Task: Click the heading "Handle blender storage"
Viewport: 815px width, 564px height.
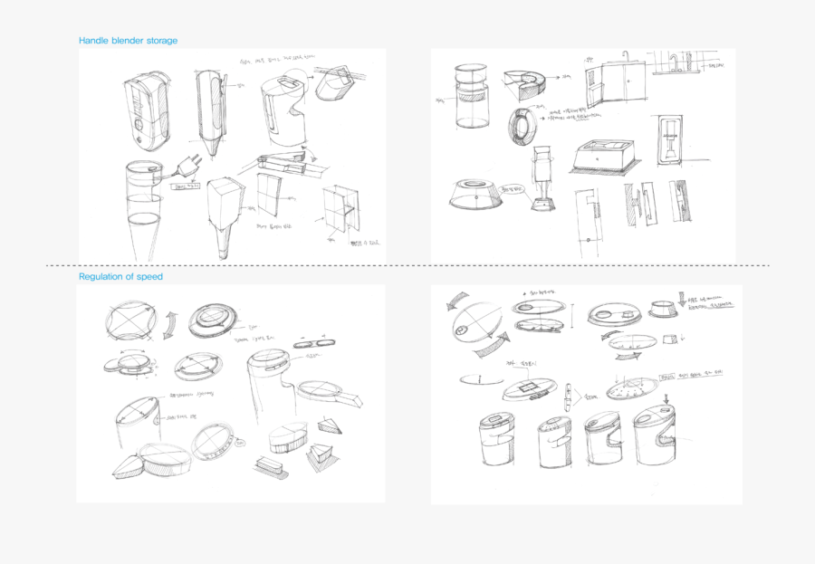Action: coord(128,41)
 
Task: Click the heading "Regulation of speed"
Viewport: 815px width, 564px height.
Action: coord(120,276)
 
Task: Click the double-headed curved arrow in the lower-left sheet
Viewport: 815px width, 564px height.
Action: coord(170,323)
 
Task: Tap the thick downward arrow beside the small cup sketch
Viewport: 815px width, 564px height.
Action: coord(681,301)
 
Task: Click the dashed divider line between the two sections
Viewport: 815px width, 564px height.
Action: coord(407,265)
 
